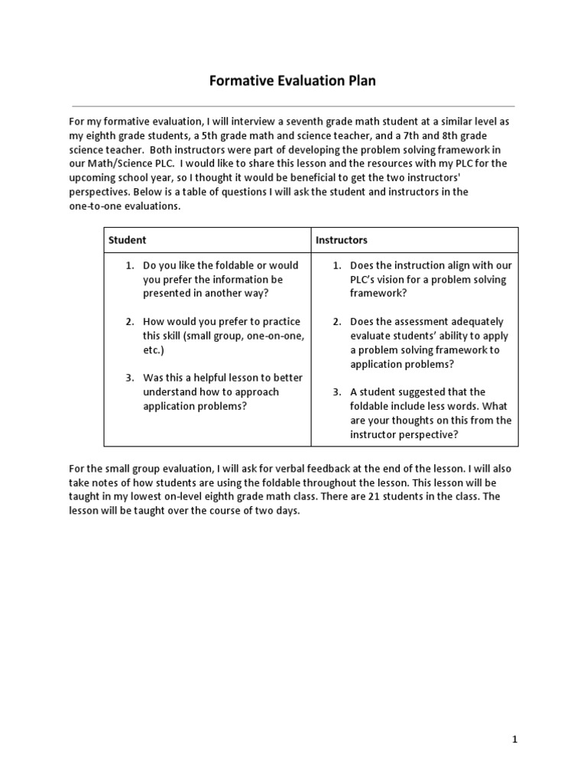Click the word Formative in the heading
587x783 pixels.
click(240, 81)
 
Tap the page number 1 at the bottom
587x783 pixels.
click(514, 739)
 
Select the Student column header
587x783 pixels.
click(127, 240)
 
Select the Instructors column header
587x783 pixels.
click(342, 240)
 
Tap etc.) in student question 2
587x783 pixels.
click(154, 350)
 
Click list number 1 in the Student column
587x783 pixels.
click(130, 265)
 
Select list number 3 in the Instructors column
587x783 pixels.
click(336, 392)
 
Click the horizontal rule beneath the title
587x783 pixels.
click(293, 105)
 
